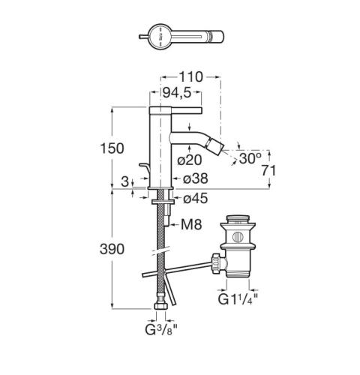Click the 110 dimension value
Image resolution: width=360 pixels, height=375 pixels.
(x=190, y=77)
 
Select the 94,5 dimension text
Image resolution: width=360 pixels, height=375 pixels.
(x=177, y=93)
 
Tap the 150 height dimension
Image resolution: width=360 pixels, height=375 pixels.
(x=112, y=148)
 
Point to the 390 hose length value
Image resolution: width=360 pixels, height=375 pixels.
(x=112, y=249)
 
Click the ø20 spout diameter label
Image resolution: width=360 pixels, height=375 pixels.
(x=189, y=160)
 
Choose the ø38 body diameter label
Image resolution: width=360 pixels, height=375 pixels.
(x=196, y=178)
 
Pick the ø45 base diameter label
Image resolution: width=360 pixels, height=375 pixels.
(x=196, y=199)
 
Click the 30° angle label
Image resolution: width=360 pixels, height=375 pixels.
(x=250, y=158)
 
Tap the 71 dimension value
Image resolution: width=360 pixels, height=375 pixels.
(x=269, y=171)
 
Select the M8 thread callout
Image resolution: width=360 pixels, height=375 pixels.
(x=191, y=224)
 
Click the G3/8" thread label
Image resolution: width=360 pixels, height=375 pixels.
(x=161, y=330)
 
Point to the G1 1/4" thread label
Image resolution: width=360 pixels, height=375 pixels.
(x=238, y=299)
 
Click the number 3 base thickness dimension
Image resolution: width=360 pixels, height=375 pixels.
(x=124, y=181)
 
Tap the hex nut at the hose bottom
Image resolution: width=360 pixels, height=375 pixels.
(x=160, y=306)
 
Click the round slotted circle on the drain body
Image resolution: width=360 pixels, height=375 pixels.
(x=237, y=237)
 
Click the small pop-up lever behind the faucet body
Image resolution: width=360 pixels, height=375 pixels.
(x=145, y=170)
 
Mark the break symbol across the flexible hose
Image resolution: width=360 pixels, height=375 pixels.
(x=160, y=251)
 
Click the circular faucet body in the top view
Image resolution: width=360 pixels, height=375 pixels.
(x=160, y=37)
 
